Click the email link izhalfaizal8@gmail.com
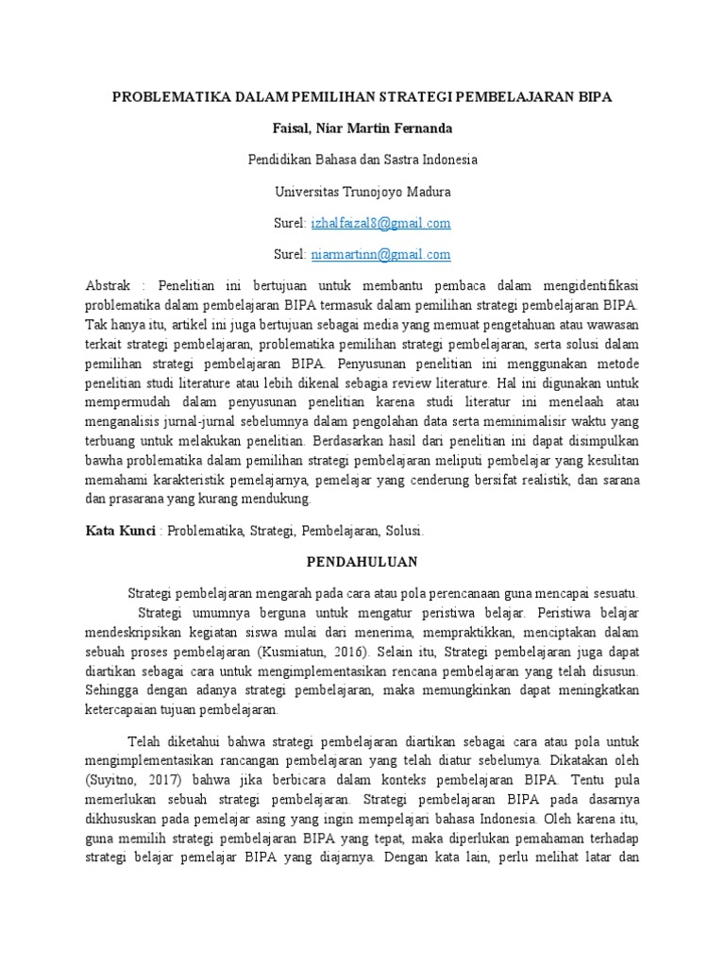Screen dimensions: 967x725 click(380, 223)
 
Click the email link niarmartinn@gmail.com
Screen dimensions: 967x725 click(380, 254)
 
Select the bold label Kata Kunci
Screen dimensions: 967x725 click(121, 532)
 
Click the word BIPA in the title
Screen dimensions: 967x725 click(593, 97)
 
